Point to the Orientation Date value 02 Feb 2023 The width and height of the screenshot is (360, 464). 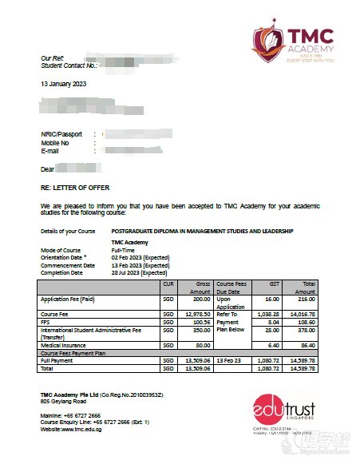[x=139, y=256]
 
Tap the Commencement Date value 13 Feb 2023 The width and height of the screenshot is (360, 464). [x=139, y=264]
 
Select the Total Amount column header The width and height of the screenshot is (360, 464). [x=307, y=288]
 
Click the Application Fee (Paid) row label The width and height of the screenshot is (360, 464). [x=69, y=299]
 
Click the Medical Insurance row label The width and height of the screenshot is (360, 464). [x=65, y=344]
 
